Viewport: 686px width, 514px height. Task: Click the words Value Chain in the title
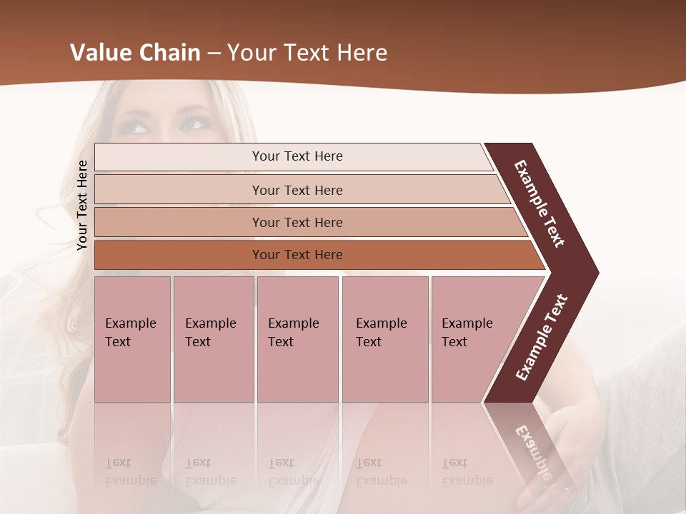(x=135, y=53)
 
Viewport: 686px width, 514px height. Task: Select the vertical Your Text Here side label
(x=82, y=205)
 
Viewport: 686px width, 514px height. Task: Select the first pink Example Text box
(x=132, y=338)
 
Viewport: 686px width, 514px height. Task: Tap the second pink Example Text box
(x=213, y=338)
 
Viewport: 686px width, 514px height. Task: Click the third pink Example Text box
(x=297, y=338)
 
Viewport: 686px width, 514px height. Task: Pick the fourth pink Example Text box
(x=384, y=338)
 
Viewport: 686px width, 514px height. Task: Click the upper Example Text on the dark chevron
(x=540, y=204)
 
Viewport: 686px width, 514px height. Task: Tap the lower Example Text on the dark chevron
(x=542, y=337)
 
